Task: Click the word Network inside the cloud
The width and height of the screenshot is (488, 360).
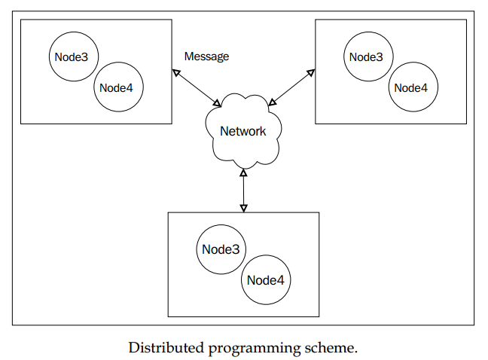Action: (243, 131)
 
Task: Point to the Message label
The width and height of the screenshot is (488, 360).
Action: (206, 56)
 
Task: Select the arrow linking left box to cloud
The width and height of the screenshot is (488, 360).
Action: (197, 88)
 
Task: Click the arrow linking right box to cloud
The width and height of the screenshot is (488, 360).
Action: (291, 87)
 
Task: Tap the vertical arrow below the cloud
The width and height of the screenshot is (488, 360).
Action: (244, 191)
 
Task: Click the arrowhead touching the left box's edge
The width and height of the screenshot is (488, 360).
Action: (176, 73)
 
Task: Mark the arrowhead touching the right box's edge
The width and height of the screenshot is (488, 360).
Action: (311, 73)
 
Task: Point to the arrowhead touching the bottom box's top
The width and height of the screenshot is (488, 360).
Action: (244, 209)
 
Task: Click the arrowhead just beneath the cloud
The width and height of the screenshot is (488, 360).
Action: (244, 172)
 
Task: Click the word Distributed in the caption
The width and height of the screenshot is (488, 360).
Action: (166, 347)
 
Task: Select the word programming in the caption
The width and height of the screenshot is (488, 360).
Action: (255, 349)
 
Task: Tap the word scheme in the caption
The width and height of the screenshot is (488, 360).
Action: (329, 347)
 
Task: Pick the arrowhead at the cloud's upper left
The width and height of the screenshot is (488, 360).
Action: (217, 104)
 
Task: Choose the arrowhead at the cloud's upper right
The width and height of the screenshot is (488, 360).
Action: (273, 102)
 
